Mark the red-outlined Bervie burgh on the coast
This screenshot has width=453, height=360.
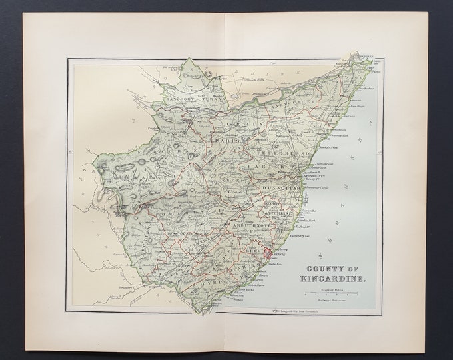(x=269, y=252)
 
